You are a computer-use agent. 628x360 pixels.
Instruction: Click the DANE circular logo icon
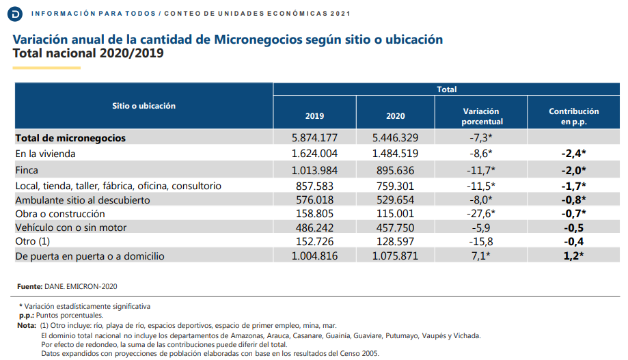pyautogui.click(x=15, y=14)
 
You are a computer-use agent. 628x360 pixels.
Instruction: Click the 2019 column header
pyautogui.click(x=314, y=116)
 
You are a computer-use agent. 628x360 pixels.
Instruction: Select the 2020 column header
pyautogui.click(x=395, y=116)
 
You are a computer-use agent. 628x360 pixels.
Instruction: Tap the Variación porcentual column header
pyautogui.click(x=481, y=116)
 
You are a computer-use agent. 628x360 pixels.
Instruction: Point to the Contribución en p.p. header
pyautogui.click(x=573, y=116)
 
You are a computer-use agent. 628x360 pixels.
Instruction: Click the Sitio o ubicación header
pyautogui.click(x=144, y=106)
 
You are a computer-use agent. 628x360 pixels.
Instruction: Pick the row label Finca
pyautogui.click(x=27, y=170)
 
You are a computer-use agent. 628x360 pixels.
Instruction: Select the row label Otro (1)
pyautogui.click(x=32, y=241)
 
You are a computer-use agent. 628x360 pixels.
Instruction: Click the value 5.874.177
pyautogui.click(x=314, y=138)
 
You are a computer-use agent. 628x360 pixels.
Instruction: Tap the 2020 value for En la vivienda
pyautogui.click(x=395, y=154)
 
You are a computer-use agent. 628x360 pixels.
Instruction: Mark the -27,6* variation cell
pyautogui.click(x=480, y=213)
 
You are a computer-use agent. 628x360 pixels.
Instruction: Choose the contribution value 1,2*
pyautogui.click(x=573, y=256)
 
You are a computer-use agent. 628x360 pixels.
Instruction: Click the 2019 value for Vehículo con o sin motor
pyautogui.click(x=314, y=227)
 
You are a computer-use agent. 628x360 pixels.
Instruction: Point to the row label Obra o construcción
pyautogui.click(x=60, y=214)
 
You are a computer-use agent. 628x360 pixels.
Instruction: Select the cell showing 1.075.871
pyautogui.click(x=395, y=256)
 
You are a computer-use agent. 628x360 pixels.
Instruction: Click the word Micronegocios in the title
pyautogui.click(x=258, y=39)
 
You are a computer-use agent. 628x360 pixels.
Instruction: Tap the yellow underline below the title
pyautogui.click(x=46, y=68)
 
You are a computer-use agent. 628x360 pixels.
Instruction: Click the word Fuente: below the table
pyautogui.click(x=29, y=286)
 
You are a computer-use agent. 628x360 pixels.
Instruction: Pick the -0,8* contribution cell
pyautogui.click(x=573, y=200)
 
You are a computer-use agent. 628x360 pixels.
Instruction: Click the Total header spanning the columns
pyautogui.click(x=446, y=89)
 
